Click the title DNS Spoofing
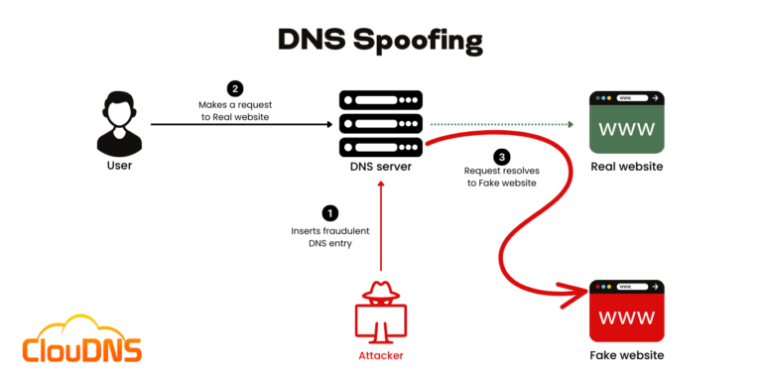380,40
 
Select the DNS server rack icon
381,123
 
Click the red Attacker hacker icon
381,312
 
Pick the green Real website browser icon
626,122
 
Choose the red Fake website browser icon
626,311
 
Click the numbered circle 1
330,212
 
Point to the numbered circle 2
234,88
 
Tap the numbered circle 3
502,157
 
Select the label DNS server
381,166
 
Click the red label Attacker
381,355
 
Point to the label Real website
626,166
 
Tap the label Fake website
626,355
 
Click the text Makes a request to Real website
234,109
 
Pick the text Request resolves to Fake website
501,177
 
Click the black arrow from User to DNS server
238,125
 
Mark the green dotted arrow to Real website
501,125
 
